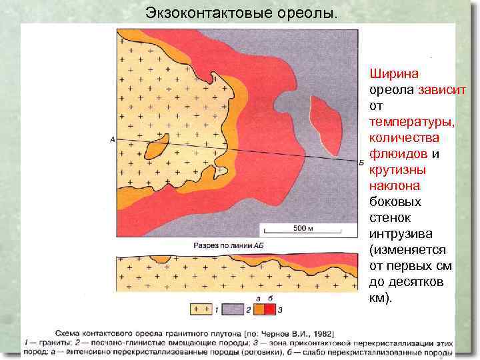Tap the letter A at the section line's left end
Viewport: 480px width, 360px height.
(113, 139)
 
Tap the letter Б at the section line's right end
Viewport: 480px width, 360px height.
(361, 162)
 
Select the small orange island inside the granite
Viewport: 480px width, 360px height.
(157, 147)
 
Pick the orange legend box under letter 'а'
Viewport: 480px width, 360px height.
(258, 309)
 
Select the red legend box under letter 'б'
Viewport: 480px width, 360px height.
(269, 309)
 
